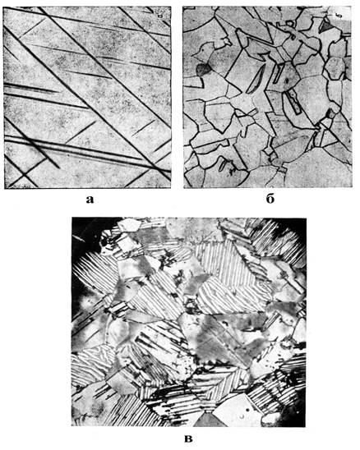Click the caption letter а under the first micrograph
tap(90, 200)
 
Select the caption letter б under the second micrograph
tap(270, 198)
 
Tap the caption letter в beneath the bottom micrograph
tap(188, 439)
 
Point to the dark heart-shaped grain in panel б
tap(203, 69)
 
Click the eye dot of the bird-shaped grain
tap(204, 49)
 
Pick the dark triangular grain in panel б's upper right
tap(326, 26)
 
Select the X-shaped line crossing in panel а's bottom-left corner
tap(24, 174)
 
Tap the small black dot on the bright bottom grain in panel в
tap(247, 411)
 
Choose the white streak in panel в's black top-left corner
tap(79, 237)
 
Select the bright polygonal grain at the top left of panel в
tap(129, 225)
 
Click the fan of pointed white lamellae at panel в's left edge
tap(89, 271)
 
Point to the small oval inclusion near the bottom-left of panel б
tap(222, 167)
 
